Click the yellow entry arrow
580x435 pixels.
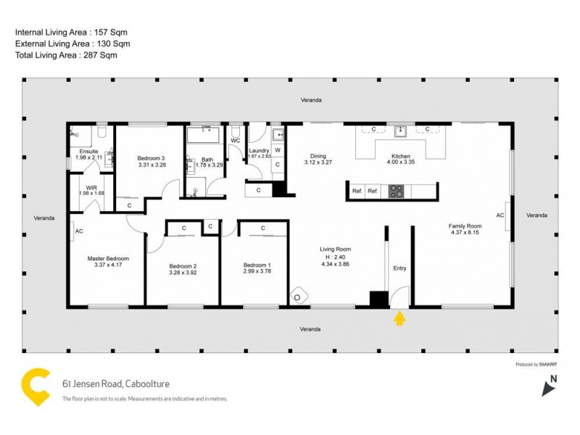click(399, 318)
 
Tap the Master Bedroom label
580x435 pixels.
click(108, 259)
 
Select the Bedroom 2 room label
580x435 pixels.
click(183, 266)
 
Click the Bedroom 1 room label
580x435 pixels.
click(257, 265)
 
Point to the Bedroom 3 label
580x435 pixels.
click(152, 158)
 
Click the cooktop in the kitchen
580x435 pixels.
click(396, 191)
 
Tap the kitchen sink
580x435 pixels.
click(399, 130)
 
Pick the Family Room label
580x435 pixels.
click(465, 226)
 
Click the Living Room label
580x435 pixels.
click(335, 249)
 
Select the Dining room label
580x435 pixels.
click(318, 156)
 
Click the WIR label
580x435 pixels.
click(91, 187)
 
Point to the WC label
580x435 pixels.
click(235, 141)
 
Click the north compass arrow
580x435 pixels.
click(549, 388)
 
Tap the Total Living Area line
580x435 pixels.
click(66, 55)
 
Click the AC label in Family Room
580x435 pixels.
click(500, 215)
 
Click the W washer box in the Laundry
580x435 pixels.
click(278, 150)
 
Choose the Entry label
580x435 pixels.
click(399, 268)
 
